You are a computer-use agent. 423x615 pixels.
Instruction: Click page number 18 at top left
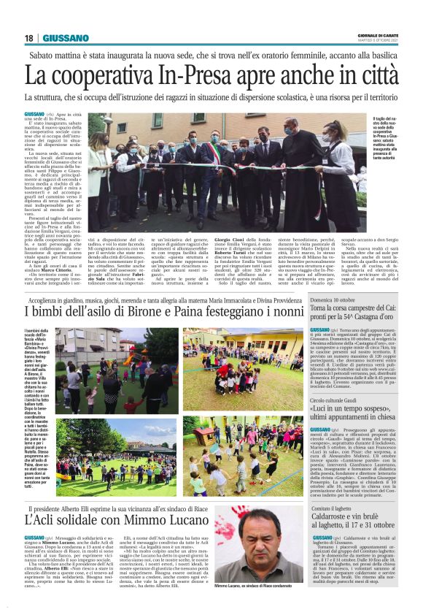click(29, 38)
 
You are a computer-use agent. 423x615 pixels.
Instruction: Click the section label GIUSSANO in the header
click(66, 38)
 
